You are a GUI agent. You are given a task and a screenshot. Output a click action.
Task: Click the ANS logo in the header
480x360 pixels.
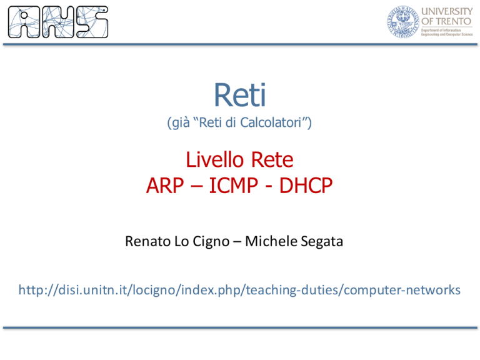point(58,22)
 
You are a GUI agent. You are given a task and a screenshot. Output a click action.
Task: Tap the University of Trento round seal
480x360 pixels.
point(403,22)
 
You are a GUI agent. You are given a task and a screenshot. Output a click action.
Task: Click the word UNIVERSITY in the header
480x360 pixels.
point(447,11)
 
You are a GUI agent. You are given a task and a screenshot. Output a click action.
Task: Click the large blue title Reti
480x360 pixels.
point(240,95)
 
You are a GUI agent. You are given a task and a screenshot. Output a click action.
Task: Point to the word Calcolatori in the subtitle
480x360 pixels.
point(271,122)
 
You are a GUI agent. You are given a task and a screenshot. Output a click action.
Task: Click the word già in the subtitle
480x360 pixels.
point(181,123)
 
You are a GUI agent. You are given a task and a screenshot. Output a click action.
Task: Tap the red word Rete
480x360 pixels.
point(272,160)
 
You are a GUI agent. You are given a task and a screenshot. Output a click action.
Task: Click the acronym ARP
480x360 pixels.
point(165,186)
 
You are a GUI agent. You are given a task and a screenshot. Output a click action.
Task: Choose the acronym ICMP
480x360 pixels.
point(234,186)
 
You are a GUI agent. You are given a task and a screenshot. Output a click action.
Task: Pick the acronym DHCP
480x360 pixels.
point(306,186)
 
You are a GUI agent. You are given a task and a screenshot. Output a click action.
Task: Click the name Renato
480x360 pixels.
point(148,241)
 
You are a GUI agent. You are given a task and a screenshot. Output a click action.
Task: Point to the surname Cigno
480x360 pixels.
point(211,242)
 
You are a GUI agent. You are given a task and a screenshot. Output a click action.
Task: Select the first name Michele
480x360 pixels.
point(271,241)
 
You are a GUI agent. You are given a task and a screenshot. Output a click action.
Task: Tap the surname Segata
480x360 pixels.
point(322,242)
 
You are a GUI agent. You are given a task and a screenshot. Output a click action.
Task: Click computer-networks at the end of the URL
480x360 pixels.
point(402,290)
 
